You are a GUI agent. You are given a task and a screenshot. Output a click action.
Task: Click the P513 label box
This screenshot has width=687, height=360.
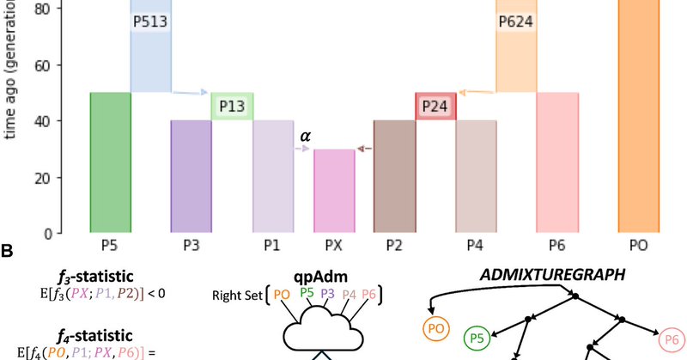click(x=151, y=23)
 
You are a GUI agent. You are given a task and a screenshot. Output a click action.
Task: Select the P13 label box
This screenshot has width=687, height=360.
click(x=232, y=106)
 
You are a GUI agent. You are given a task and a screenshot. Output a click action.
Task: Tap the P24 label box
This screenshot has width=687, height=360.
click(x=435, y=106)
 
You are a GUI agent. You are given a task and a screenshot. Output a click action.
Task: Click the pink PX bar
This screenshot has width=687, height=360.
click(x=334, y=191)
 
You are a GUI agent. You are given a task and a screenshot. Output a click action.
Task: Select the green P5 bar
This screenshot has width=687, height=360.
click(x=110, y=162)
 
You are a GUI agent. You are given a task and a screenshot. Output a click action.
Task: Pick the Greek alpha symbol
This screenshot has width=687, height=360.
click(x=304, y=135)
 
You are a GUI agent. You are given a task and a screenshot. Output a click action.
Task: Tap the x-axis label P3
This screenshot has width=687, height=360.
click(x=192, y=246)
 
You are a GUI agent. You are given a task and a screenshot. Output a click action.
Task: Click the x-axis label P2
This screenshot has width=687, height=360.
click(x=395, y=246)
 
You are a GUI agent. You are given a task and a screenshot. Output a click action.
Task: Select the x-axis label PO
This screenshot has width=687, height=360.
click(x=639, y=246)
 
